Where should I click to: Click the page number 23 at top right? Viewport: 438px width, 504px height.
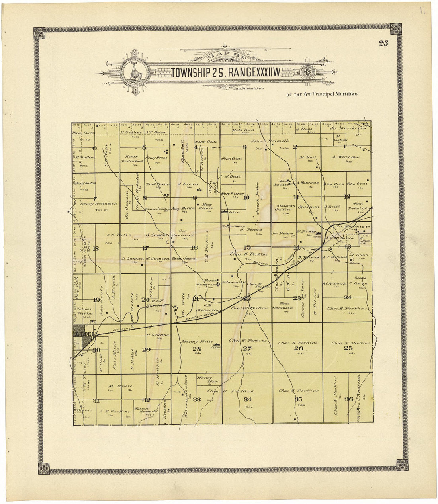tap(383, 43)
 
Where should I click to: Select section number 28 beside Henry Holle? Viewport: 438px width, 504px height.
tap(197, 349)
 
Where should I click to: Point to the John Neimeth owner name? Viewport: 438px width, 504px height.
tap(264, 141)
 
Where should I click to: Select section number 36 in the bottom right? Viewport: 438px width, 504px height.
tap(349, 399)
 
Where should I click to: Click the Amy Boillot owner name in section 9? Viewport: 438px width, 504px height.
tap(182, 208)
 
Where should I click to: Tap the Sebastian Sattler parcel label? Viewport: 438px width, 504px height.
tap(285, 207)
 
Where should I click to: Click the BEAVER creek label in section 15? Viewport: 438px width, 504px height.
tap(260, 263)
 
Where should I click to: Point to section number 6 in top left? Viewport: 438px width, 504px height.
tap(94, 148)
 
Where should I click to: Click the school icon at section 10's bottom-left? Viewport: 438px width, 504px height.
tap(225, 211)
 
